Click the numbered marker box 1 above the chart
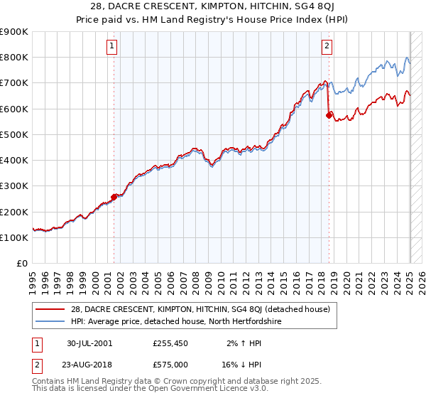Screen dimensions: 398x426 tap(113, 47)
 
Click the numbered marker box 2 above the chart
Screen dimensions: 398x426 tap(327, 47)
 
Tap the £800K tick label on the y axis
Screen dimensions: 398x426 tap(14, 58)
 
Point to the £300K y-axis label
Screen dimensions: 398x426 tap(14, 186)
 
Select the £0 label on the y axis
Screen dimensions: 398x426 tap(22, 264)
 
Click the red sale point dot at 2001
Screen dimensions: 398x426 tap(114, 198)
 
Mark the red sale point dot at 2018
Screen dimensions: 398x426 tap(329, 115)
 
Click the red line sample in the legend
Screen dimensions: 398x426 tap(50, 309)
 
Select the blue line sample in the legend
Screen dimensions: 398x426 tap(50, 321)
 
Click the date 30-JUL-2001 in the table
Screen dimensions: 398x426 tap(89, 343)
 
